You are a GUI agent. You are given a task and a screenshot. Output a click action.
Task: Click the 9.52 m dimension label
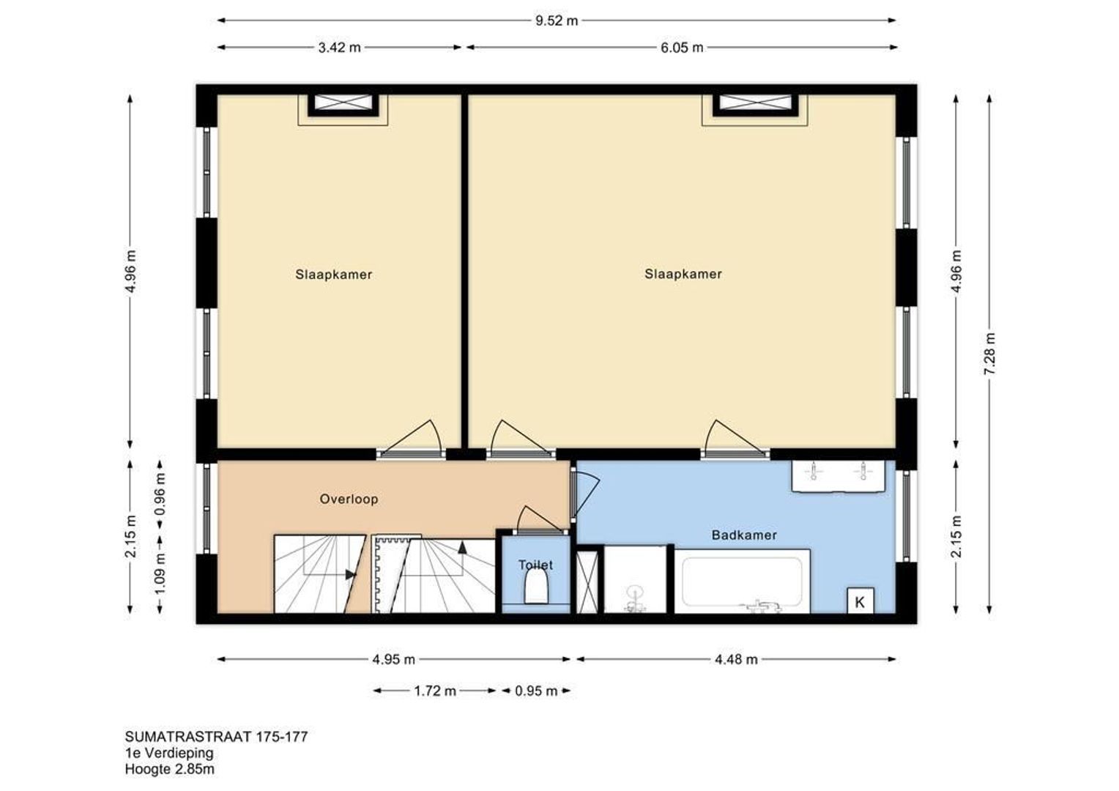pos(557,21)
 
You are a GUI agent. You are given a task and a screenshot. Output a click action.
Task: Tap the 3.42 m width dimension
pos(339,48)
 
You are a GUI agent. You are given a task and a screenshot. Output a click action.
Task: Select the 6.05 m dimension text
pos(682,48)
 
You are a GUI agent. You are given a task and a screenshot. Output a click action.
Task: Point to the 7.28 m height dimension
pos(989,354)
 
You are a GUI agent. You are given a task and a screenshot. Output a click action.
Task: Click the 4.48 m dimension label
pos(736,659)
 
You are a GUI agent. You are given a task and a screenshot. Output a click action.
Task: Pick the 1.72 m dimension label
pos(435,691)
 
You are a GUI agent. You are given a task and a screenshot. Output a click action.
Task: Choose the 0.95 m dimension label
pos(536,691)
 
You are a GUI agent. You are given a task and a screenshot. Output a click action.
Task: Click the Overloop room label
pos(349,500)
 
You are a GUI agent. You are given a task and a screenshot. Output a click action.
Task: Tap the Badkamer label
pos(744,535)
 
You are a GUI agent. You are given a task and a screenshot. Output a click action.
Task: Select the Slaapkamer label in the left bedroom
pos(334,275)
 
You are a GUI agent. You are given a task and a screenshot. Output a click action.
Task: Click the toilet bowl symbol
pos(537,587)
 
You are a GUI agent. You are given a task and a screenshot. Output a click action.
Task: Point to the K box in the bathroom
pos(860,601)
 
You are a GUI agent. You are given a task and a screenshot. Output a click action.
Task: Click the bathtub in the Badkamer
pos(742,582)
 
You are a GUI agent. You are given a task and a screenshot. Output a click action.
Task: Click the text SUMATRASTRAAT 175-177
pos(216,737)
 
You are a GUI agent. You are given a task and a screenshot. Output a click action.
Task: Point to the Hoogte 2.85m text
pos(169,769)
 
